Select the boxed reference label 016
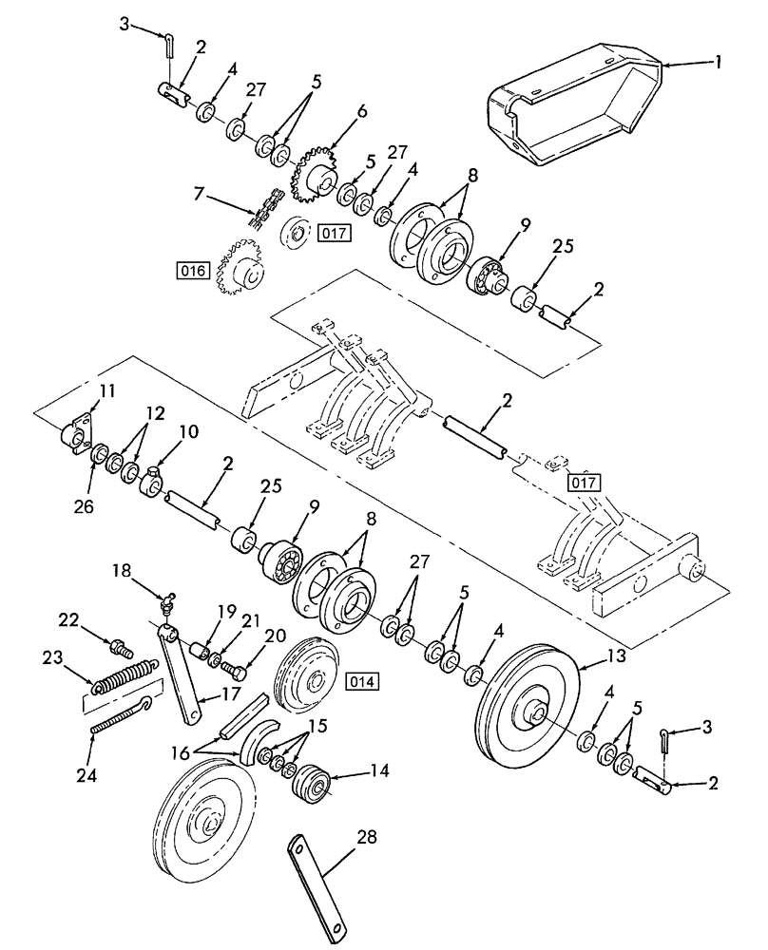(191, 271)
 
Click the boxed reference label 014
(361, 680)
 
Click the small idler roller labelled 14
(311, 785)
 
